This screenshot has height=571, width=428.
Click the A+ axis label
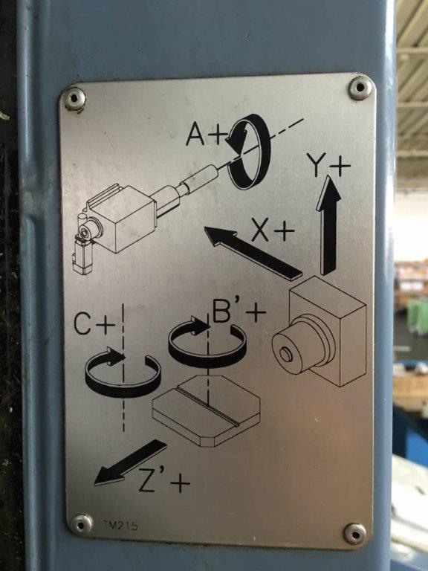pyautogui.click(x=206, y=134)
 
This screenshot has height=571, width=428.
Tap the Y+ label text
pyautogui.click(x=328, y=164)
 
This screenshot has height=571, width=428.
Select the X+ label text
pyautogui.click(x=273, y=230)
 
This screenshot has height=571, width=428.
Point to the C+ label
pyautogui.click(x=94, y=323)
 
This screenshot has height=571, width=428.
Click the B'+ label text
pyautogui.click(x=239, y=312)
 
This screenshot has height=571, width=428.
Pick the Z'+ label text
pyautogui.click(x=164, y=481)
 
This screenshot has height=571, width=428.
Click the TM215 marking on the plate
pyautogui.click(x=120, y=526)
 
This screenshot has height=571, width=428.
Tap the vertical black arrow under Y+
pyautogui.click(x=329, y=225)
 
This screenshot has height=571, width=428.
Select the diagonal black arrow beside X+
pyautogui.click(x=253, y=253)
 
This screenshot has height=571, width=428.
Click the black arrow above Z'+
pyautogui.click(x=130, y=462)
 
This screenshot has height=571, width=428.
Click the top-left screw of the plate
pyautogui.click(x=74, y=99)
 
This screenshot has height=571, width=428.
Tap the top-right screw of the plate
pyautogui.click(x=360, y=88)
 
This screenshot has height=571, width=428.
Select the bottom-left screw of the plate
pyautogui.click(x=82, y=524)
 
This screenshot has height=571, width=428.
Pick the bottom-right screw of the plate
pyautogui.click(x=354, y=534)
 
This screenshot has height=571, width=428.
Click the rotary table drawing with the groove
pyautogui.click(x=206, y=410)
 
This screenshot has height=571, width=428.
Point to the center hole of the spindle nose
pyautogui.click(x=285, y=355)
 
